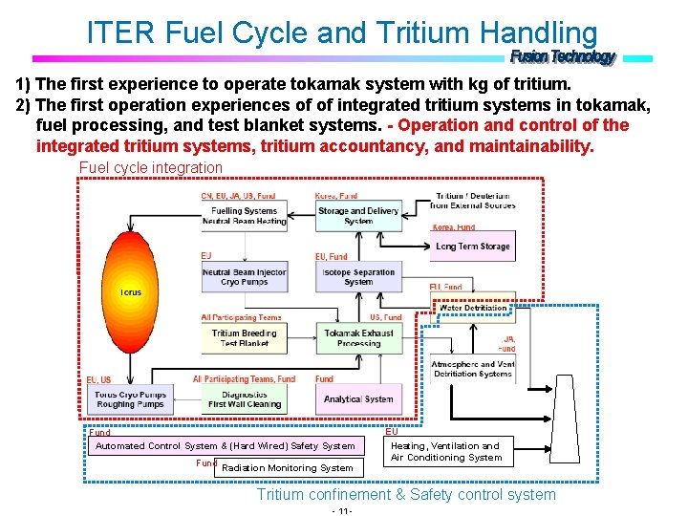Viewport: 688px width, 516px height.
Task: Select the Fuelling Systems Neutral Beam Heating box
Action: pyautogui.click(x=244, y=216)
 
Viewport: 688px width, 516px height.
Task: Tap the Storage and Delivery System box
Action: pyautogui.click(x=358, y=216)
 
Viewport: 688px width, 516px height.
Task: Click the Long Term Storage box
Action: pyautogui.click(x=472, y=247)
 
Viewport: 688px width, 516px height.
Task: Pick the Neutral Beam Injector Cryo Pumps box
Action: pyautogui.click(x=244, y=277)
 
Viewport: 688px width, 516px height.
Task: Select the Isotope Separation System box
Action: pyautogui.click(x=358, y=277)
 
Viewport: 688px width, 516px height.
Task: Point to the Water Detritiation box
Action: pyautogui.click(x=473, y=309)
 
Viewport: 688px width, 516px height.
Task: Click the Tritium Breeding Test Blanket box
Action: pyautogui.click(x=244, y=338)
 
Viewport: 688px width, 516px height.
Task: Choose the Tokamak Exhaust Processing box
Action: pyautogui.click(x=358, y=338)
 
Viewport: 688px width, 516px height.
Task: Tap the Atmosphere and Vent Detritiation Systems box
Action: pyautogui.click(x=472, y=369)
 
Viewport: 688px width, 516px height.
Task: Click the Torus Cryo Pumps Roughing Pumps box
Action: pyautogui.click(x=130, y=399)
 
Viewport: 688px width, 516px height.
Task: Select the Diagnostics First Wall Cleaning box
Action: pyautogui.click(x=244, y=399)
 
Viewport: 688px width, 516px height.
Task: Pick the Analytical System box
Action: pyautogui.click(x=358, y=399)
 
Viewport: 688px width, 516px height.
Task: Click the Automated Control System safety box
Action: pyautogui.click(x=225, y=446)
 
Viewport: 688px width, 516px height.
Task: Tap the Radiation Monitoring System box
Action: pyautogui.click(x=288, y=468)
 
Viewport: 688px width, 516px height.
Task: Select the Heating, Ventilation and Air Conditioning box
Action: pyautogui.click(x=446, y=451)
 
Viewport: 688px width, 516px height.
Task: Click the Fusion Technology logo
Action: pyautogui.click(x=563, y=57)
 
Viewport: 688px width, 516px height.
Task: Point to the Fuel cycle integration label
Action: pyautogui.click(x=150, y=168)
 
